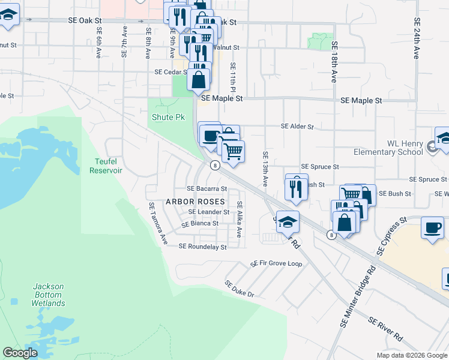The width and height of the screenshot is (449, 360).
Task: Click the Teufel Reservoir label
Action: click(x=106, y=166)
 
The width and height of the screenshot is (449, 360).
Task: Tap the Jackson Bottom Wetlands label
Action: click(x=48, y=295)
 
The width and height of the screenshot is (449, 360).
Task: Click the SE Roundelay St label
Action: click(x=202, y=247)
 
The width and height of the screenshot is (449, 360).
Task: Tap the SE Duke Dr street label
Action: click(x=240, y=289)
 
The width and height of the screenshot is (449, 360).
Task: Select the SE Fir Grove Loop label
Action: click(x=276, y=263)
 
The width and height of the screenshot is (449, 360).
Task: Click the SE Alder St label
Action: click(x=298, y=127)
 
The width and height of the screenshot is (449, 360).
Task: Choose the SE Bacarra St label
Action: click(x=206, y=189)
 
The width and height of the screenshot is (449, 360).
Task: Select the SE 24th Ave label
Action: click(x=416, y=37)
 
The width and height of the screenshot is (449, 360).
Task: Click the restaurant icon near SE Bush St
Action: click(x=297, y=187)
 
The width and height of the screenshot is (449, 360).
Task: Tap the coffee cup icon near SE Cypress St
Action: click(x=433, y=228)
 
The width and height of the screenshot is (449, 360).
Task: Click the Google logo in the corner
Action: click(x=20, y=353)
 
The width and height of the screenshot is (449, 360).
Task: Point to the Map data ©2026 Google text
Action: click(x=412, y=355)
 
